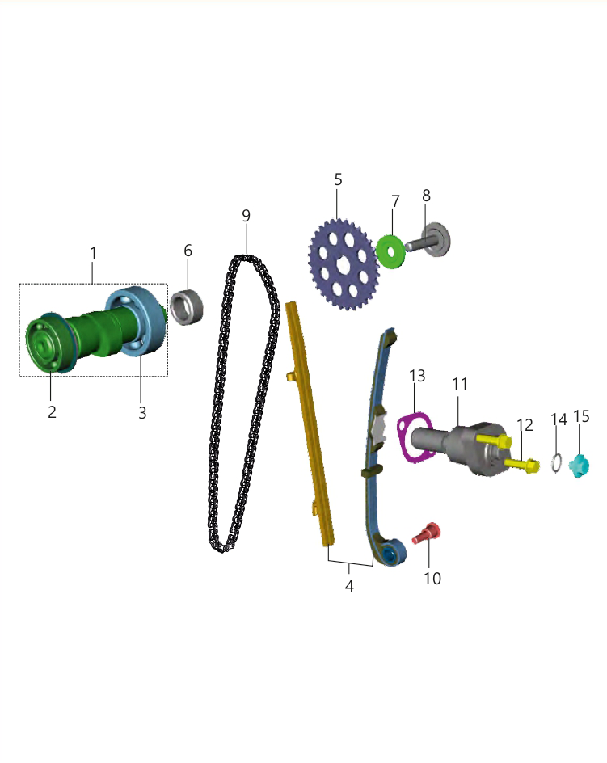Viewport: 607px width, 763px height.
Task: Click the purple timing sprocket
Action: tap(344, 264)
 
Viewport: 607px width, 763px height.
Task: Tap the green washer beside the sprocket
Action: tap(390, 251)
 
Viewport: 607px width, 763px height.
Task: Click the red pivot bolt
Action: tap(427, 533)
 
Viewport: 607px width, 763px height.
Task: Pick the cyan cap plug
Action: tap(580, 466)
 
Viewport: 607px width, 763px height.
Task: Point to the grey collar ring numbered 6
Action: tap(187, 307)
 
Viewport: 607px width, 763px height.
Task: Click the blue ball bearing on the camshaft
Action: tap(135, 321)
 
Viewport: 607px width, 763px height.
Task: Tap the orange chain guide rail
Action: tap(310, 424)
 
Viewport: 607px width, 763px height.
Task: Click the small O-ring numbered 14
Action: tap(557, 462)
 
